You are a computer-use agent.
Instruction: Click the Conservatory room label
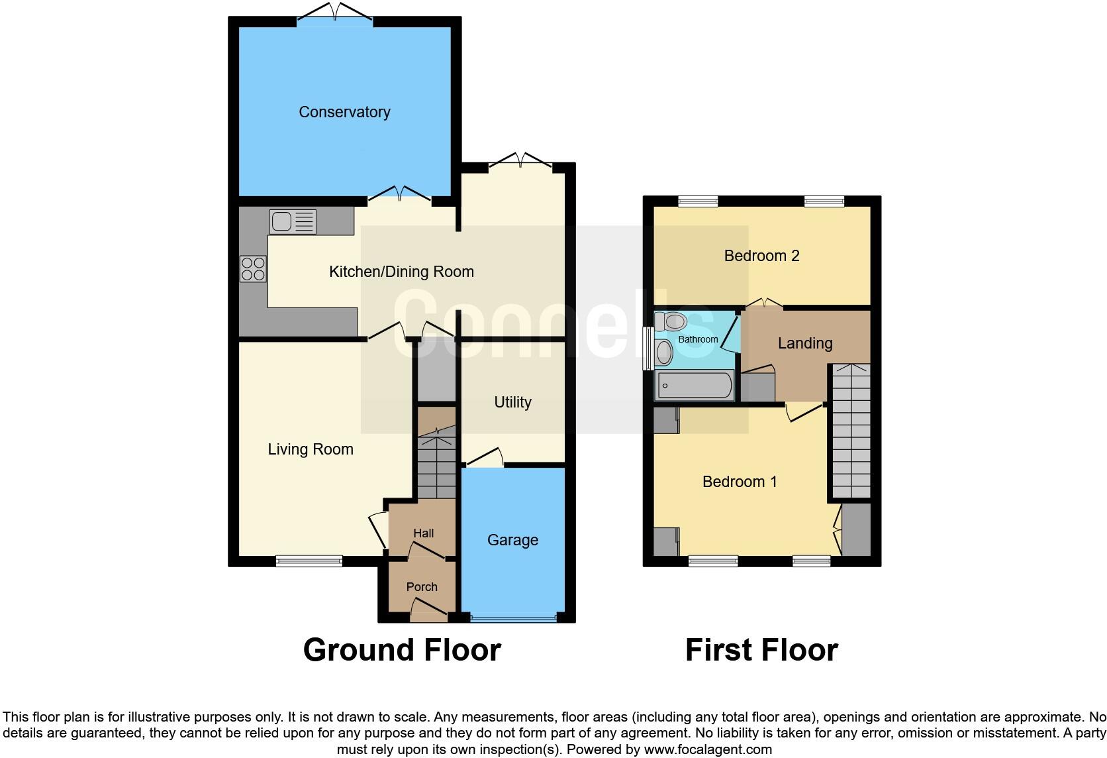point(344,112)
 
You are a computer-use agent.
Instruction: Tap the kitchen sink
point(293,221)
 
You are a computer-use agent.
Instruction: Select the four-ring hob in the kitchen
point(253,269)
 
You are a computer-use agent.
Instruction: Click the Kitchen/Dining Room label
point(401,272)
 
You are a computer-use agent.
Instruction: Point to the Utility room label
point(512,402)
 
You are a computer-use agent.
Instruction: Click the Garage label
point(512,540)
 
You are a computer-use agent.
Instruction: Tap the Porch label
point(422,587)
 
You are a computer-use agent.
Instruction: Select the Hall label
point(424,533)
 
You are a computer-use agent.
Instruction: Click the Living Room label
point(311,449)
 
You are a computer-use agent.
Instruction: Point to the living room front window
point(309,561)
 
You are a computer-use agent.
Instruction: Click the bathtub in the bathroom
point(694,385)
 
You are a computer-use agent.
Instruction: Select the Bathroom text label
point(698,339)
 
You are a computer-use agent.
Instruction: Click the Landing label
point(805,343)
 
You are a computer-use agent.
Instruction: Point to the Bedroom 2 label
point(761,256)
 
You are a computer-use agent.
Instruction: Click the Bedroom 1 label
point(740,482)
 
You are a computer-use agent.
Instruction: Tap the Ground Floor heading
point(402,650)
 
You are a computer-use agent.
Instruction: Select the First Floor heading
point(761,650)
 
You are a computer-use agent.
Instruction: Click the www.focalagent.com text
point(708,750)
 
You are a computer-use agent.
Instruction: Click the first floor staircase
point(851,431)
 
